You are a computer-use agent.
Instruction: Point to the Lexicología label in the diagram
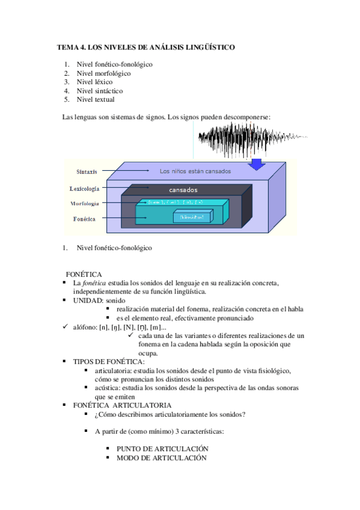tap(84, 188)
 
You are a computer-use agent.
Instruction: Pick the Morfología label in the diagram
tap(84, 203)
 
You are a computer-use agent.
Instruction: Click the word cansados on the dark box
tap(183, 190)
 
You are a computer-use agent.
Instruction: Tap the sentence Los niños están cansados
tap(195, 171)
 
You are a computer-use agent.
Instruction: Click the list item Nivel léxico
tap(94, 82)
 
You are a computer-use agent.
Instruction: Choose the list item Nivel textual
tap(96, 100)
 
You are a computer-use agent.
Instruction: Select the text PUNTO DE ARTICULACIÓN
tap(162, 449)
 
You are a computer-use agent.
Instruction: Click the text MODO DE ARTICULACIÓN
tap(161, 458)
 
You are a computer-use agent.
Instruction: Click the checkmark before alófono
tap(66, 327)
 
